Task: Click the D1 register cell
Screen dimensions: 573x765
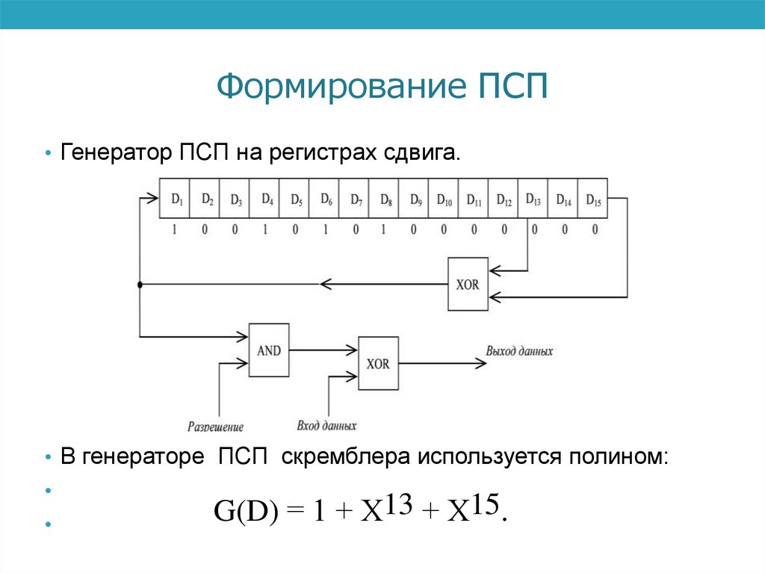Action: [x=176, y=198]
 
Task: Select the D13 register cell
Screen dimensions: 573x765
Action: [x=533, y=198]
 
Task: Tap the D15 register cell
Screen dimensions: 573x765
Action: [x=593, y=198]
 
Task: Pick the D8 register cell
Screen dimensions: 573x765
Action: [x=384, y=198]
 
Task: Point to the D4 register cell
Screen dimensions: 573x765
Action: [x=265, y=198]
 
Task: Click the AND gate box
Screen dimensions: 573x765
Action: [x=269, y=350]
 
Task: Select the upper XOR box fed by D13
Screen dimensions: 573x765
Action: [x=468, y=285]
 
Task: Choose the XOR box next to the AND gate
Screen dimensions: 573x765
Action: [x=378, y=364]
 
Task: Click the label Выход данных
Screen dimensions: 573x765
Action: [x=519, y=350]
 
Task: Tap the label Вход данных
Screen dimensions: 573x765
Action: [x=326, y=426]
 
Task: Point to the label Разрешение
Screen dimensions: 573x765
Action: [x=215, y=427]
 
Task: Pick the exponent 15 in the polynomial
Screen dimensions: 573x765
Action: [x=486, y=504]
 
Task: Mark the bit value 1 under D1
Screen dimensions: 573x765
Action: [x=174, y=229]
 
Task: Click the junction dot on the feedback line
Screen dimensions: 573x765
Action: [x=140, y=285]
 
